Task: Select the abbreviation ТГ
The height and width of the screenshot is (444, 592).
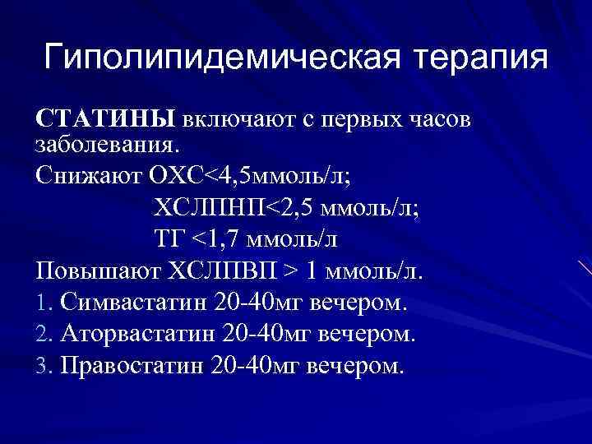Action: tap(169, 239)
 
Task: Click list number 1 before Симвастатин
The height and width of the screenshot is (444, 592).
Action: tap(44, 302)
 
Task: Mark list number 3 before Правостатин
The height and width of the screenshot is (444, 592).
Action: tap(44, 364)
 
